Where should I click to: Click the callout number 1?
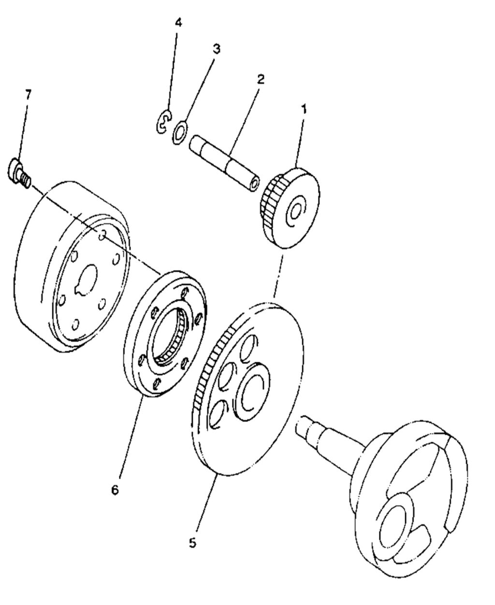(x=304, y=109)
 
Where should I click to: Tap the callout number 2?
(x=261, y=79)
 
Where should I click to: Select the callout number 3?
(x=217, y=49)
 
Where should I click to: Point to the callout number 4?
(x=178, y=22)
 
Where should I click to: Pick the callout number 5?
(x=192, y=543)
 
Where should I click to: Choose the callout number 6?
(x=115, y=490)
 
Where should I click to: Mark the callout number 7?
(x=28, y=94)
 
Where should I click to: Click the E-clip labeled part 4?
(x=164, y=122)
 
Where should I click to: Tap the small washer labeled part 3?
(x=179, y=132)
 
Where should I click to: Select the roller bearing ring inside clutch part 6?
(x=170, y=336)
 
